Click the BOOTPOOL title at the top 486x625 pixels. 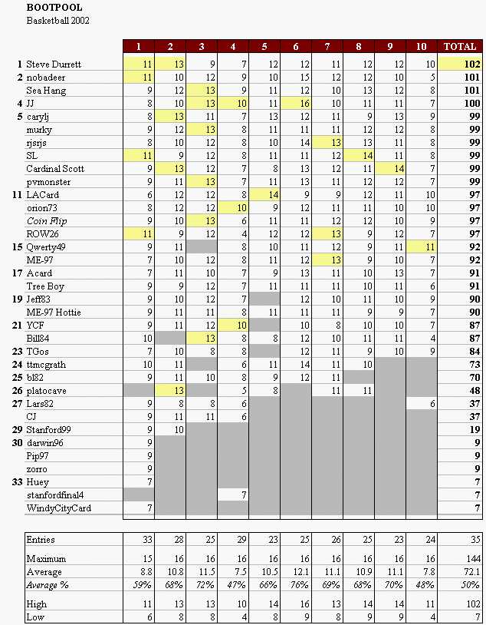point(54,8)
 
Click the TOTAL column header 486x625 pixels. point(460,47)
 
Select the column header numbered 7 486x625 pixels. point(327,47)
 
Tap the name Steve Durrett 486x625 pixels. point(54,64)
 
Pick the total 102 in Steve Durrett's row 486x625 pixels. point(472,64)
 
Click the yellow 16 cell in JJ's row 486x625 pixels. point(304,104)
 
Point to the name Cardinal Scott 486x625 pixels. point(55,169)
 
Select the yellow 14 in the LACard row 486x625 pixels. point(273,195)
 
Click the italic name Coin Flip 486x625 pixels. point(47,221)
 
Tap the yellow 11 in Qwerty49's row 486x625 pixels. point(430,247)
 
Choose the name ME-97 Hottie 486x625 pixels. point(54,312)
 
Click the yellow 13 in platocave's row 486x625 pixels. point(179,391)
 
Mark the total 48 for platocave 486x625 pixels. point(475,391)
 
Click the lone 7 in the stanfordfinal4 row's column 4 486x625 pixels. point(244,495)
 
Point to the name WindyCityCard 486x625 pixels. point(58,508)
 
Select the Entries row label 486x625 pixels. point(40,540)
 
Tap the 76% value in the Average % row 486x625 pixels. point(299,585)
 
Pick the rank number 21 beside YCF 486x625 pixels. point(17,326)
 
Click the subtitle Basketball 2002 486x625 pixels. point(57,20)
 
